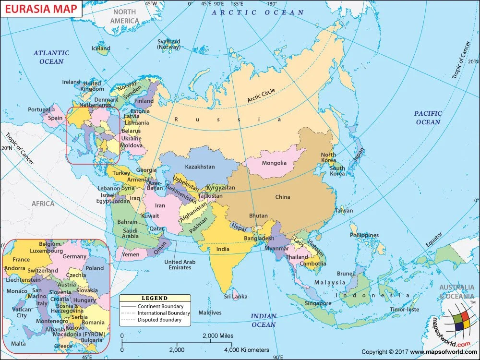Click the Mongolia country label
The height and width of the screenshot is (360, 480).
click(274, 163)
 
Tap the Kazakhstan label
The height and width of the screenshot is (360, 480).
click(200, 167)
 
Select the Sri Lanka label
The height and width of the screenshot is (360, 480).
click(236, 296)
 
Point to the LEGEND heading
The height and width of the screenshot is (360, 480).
click(155, 299)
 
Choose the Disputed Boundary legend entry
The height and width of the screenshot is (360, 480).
click(159, 320)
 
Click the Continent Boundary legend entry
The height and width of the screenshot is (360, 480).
click(160, 306)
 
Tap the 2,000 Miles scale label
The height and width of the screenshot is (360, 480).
click(218, 336)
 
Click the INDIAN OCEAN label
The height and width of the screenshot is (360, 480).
click(264, 320)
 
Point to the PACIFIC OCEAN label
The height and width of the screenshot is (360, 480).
click(428, 118)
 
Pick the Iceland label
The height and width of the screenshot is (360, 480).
click(101, 48)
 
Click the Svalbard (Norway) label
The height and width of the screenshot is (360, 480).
click(168, 44)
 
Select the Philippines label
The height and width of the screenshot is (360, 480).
click(364, 235)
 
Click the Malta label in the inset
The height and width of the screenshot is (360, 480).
click(18, 344)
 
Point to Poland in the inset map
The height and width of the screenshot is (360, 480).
click(95, 268)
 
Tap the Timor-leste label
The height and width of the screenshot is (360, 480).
click(405, 310)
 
